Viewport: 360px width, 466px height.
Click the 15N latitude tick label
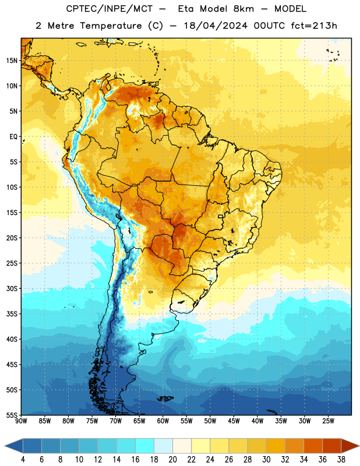pos(12,61)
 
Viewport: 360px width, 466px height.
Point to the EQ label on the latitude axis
pos(13,137)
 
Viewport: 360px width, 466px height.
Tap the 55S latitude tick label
pos(12,415)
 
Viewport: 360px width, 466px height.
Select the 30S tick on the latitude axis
pos(12,288)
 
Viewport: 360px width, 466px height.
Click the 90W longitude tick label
pos(21,421)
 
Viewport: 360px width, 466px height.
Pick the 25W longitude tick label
pos(328,421)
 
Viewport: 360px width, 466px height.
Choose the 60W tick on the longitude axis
pos(163,421)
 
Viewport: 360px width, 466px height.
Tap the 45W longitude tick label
pos(234,421)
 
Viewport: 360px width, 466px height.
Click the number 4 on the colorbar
pos(23,460)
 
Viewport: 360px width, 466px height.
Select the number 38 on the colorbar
pos(341,460)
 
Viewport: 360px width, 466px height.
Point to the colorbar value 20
pos(172,460)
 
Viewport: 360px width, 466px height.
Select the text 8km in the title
pos(243,9)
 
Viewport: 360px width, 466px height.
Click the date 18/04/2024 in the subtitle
pos(216,26)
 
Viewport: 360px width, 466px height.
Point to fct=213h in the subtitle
pos(314,26)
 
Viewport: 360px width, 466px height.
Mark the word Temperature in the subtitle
pos(111,26)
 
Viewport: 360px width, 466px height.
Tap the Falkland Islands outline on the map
pos(165,398)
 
